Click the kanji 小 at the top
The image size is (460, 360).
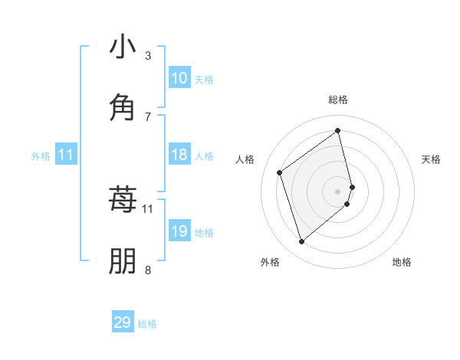[123, 47]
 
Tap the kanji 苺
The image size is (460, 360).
[123, 199]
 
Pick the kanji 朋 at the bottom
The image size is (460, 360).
[123, 260]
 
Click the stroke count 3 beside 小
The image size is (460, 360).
[148, 55]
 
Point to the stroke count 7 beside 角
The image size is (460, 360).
[148, 116]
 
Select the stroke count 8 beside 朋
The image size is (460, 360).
[148, 269]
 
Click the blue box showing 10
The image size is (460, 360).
[179, 78]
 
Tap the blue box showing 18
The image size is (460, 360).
[179, 155]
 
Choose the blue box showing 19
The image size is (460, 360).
[179, 231]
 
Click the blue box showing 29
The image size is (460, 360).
[123, 322]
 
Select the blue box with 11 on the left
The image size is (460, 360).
[66, 155]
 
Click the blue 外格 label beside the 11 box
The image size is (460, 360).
[41, 156]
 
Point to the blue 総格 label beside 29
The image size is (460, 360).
[147, 324]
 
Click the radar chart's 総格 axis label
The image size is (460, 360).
[338, 100]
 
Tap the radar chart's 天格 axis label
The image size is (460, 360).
[432, 159]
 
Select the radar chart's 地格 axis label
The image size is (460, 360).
[402, 262]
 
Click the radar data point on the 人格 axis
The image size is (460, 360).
[280, 172]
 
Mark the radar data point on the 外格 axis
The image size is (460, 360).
[301, 242]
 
